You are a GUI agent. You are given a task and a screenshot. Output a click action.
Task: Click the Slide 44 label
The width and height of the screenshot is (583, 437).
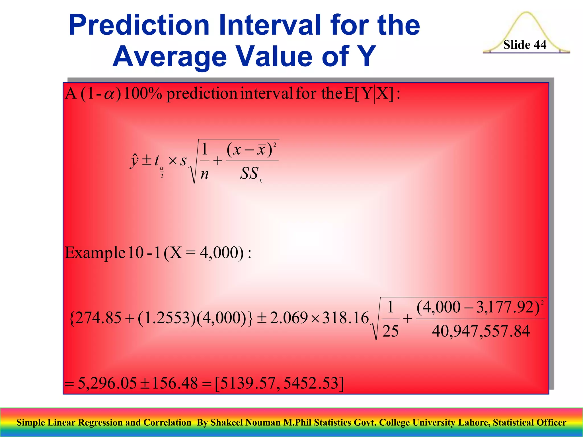525,45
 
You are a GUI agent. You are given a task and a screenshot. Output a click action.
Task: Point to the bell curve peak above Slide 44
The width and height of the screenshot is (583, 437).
526,13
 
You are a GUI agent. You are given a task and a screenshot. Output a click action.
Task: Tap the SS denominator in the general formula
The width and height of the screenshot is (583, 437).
250,174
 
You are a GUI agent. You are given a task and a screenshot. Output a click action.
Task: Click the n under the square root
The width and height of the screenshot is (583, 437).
204,174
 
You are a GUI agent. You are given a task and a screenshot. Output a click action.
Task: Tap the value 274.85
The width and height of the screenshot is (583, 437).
98,318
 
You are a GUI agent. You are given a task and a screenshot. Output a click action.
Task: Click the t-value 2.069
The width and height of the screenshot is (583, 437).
289,318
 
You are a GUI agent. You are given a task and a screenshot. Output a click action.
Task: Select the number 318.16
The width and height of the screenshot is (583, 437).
345,318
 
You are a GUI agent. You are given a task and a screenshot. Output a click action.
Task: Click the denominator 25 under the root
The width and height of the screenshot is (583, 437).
390,331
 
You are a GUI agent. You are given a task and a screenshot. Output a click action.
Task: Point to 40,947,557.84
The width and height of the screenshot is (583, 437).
481,331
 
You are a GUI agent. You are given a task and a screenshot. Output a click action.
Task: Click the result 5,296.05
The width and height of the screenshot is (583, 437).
107,383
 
